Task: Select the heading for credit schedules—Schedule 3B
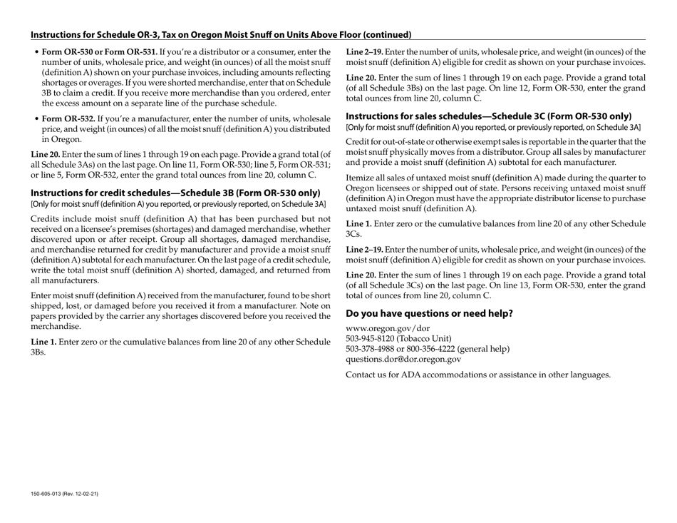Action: point(175,193)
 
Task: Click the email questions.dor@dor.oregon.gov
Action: point(403,360)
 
